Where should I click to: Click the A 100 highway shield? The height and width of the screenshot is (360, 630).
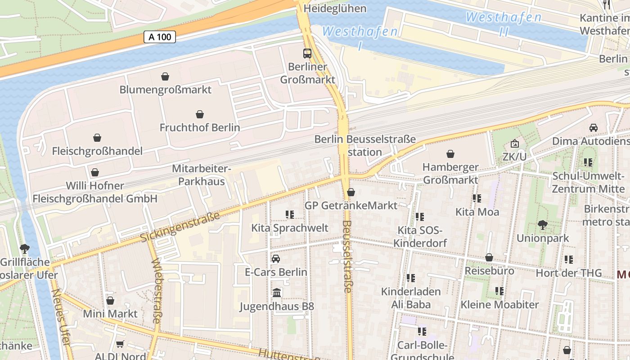pos(160,37)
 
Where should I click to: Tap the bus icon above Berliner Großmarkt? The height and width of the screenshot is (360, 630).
pos(307,54)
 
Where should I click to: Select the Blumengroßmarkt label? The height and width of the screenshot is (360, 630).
pos(165,90)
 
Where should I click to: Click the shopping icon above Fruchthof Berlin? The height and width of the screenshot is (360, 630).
pos(200,114)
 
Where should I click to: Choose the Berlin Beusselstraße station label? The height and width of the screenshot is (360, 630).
pos(364,145)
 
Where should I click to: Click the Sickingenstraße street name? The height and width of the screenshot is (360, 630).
pos(180,227)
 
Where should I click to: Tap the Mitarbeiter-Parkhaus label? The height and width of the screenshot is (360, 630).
pos(201,175)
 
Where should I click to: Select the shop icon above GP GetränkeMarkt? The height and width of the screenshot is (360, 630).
pos(351,193)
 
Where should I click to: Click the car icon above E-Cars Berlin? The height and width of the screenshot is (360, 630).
pos(276,259)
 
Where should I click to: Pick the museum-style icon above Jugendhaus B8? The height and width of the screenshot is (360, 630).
pos(277,293)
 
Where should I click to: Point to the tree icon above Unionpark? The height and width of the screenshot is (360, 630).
pos(543,225)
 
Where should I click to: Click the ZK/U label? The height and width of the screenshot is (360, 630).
pos(515,156)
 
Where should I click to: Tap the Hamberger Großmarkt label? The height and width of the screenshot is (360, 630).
pos(450,173)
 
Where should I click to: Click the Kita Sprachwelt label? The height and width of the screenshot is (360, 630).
pos(290,228)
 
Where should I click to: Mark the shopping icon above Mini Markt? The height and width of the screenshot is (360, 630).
pos(110,301)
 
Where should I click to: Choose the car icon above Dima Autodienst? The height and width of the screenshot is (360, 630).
pos(594,127)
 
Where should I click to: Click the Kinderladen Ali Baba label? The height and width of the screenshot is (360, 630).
pos(411,298)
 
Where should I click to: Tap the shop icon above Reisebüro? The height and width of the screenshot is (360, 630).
pos(489,258)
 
